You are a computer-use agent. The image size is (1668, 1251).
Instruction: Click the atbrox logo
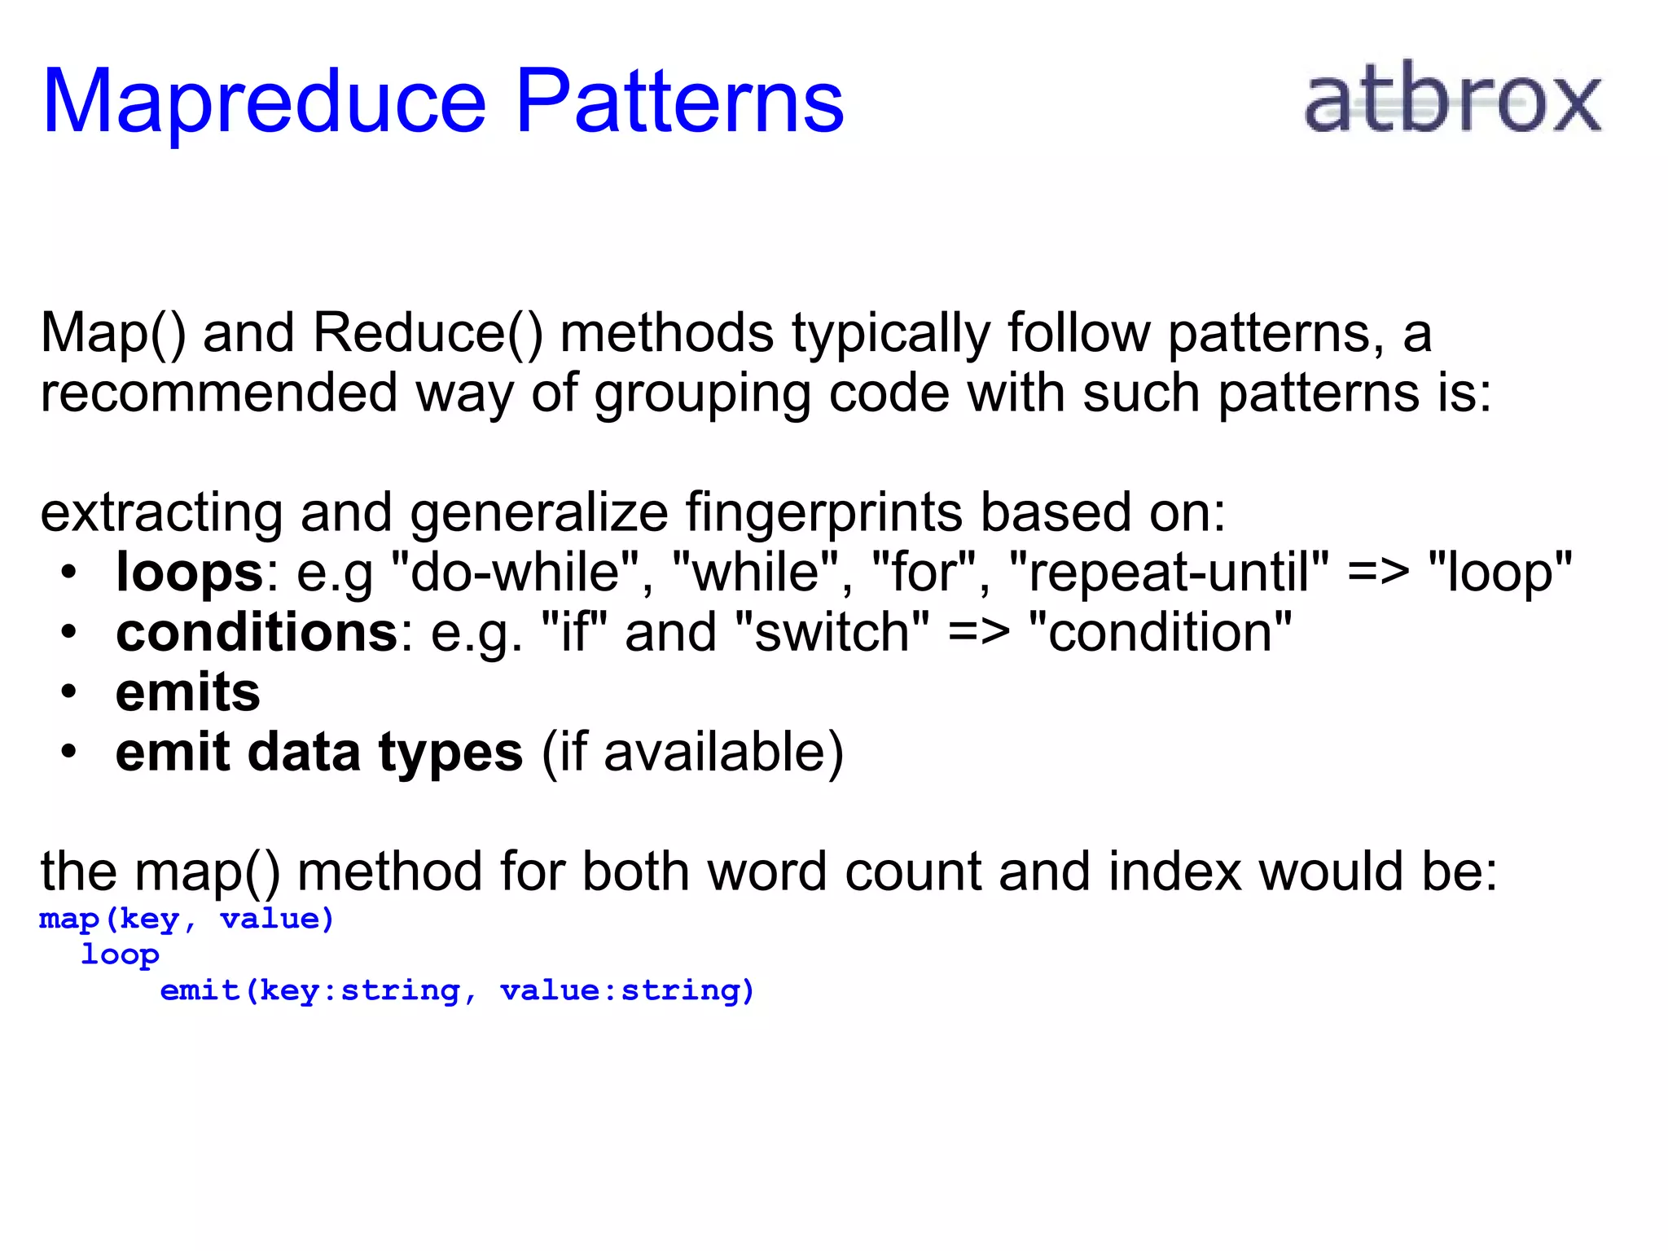[1452, 99]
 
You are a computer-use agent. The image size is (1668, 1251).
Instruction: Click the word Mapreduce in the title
[264, 103]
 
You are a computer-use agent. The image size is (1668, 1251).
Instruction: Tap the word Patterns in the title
[680, 101]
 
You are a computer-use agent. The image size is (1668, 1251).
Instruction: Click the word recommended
[218, 393]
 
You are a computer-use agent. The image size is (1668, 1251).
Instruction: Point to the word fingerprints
[823, 514]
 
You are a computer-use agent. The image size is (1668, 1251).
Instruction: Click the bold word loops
[189, 572]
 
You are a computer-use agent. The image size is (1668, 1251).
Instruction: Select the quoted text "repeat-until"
[1169, 572]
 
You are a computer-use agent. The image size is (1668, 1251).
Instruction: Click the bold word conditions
[257, 632]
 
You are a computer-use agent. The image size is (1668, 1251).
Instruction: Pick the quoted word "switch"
[832, 632]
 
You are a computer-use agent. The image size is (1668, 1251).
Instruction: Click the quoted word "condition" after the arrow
[1160, 632]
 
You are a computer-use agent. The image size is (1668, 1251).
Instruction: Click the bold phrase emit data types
[319, 752]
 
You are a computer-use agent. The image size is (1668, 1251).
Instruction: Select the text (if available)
[692, 752]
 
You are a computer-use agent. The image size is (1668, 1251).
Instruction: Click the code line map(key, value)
[187, 920]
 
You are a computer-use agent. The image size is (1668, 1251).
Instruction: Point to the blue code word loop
[120, 955]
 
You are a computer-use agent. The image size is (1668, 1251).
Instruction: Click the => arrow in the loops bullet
[1378, 572]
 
